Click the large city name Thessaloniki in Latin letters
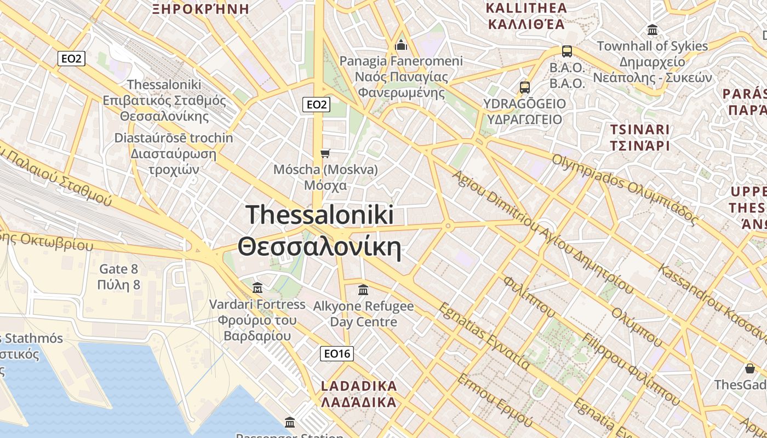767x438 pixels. pyautogui.click(x=320, y=214)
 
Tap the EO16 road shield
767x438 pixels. pyautogui.click(x=336, y=354)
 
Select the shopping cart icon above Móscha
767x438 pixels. pyautogui.click(x=325, y=153)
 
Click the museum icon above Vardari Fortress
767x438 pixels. pyautogui.click(x=257, y=287)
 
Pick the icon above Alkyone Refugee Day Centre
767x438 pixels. pyautogui.click(x=363, y=289)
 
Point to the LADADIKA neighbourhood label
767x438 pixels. pyautogui.click(x=358, y=386)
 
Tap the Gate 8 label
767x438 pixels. pyautogui.click(x=118, y=269)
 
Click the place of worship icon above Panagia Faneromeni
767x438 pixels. pyautogui.click(x=401, y=45)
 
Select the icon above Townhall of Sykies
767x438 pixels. pyautogui.click(x=652, y=30)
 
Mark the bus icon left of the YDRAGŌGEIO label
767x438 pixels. pyautogui.click(x=524, y=87)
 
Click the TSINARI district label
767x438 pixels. pyautogui.click(x=639, y=130)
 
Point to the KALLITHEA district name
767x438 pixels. pyautogui.click(x=526, y=8)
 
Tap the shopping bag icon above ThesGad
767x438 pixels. pyautogui.click(x=749, y=368)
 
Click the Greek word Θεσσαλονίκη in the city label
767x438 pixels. pyautogui.click(x=320, y=247)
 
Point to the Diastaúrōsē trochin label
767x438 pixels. pyautogui.click(x=173, y=138)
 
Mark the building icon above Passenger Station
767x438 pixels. pyautogui.click(x=290, y=422)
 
